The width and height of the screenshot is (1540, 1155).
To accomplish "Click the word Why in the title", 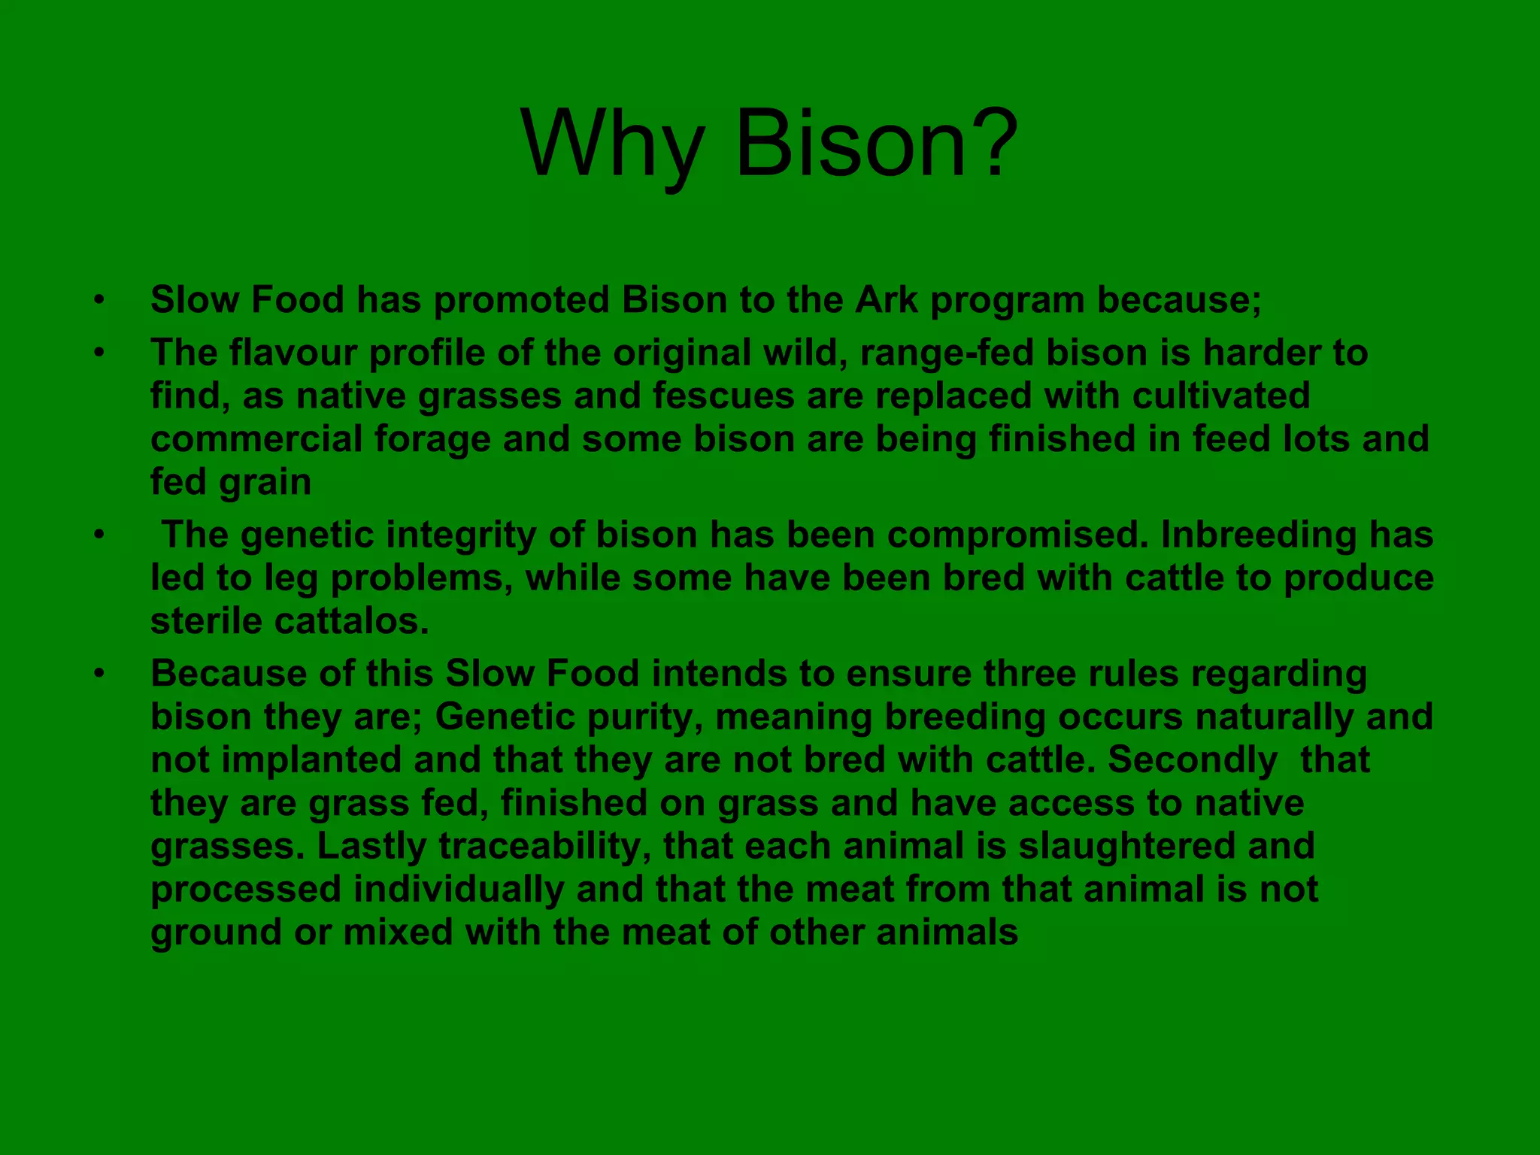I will coord(612,144).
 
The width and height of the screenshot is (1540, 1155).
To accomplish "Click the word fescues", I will coord(723,396).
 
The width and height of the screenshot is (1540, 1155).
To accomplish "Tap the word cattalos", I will coord(351,621).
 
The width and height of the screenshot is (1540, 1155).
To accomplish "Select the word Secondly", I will coord(1192,759).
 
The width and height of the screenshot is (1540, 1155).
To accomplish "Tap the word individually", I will coord(459,890).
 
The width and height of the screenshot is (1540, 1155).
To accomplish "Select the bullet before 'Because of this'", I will coord(99,675).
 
